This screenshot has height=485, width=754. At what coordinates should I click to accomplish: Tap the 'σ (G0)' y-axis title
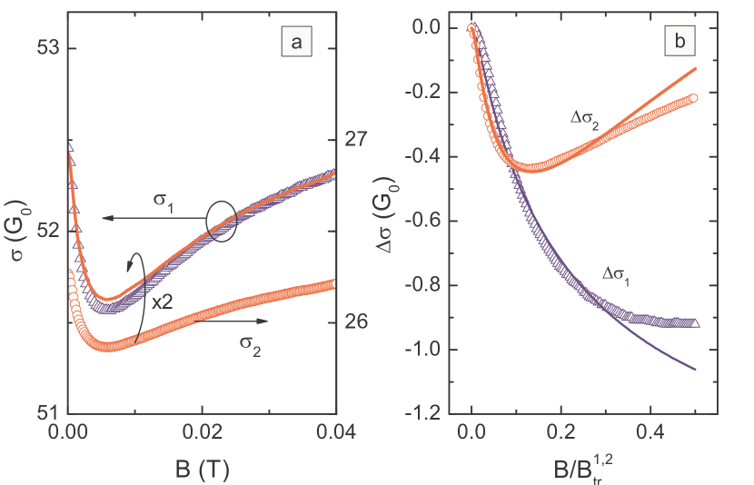point(15,232)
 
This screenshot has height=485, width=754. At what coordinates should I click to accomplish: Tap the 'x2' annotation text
point(164,302)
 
